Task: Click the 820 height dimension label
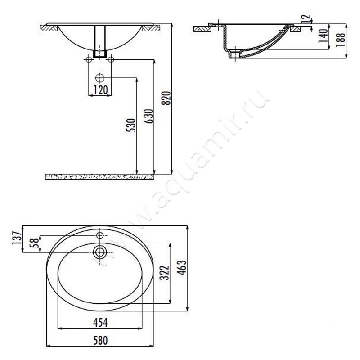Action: click(x=166, y=98)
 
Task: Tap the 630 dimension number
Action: click(x=149, y=117)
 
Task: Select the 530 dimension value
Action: click(x=131, y=125)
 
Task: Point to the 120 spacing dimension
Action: click(x=100, y=90)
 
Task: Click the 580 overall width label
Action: click(x=100, y=341)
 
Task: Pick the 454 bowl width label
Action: click(x=100, y=323)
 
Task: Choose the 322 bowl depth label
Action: click(x=164, y=273)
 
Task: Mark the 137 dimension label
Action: click(x=17, y=238)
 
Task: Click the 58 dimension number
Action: click(x=34, y=243)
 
